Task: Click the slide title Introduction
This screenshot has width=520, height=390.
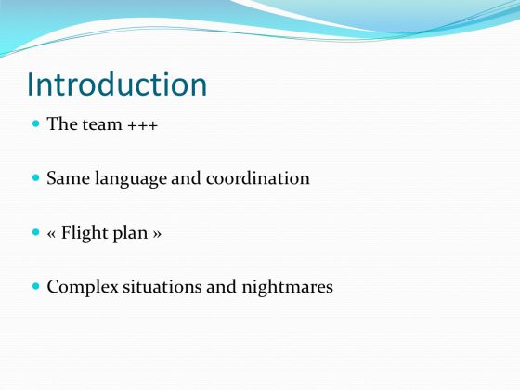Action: (x=117, y=84)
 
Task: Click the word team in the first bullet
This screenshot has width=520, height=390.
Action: (x=102, y=124)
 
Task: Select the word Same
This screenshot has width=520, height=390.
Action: (x=69, y=178)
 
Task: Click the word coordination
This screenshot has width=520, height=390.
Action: (x=258, y=178)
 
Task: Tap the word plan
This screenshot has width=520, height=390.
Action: (x=130, y=233)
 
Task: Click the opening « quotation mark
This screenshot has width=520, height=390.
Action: (x=51, y=234)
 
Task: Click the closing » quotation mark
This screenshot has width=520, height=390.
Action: (x=157, y=234)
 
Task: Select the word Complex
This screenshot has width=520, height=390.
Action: (x=83, y=287)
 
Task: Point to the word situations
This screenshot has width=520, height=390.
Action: (x=162, y=287)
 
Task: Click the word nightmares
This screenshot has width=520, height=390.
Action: (x=288, y=287)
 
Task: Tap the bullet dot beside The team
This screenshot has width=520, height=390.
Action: (x=36, y=124)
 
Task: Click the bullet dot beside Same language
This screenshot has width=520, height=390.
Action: (x=36, y=178)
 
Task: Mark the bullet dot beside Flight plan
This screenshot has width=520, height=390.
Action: (x=36, y=232)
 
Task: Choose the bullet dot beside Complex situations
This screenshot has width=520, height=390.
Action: (x=36, y=286)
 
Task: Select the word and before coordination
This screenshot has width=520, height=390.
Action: (x=186, y=178)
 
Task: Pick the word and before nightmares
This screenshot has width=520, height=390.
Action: (x=222, y=287)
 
